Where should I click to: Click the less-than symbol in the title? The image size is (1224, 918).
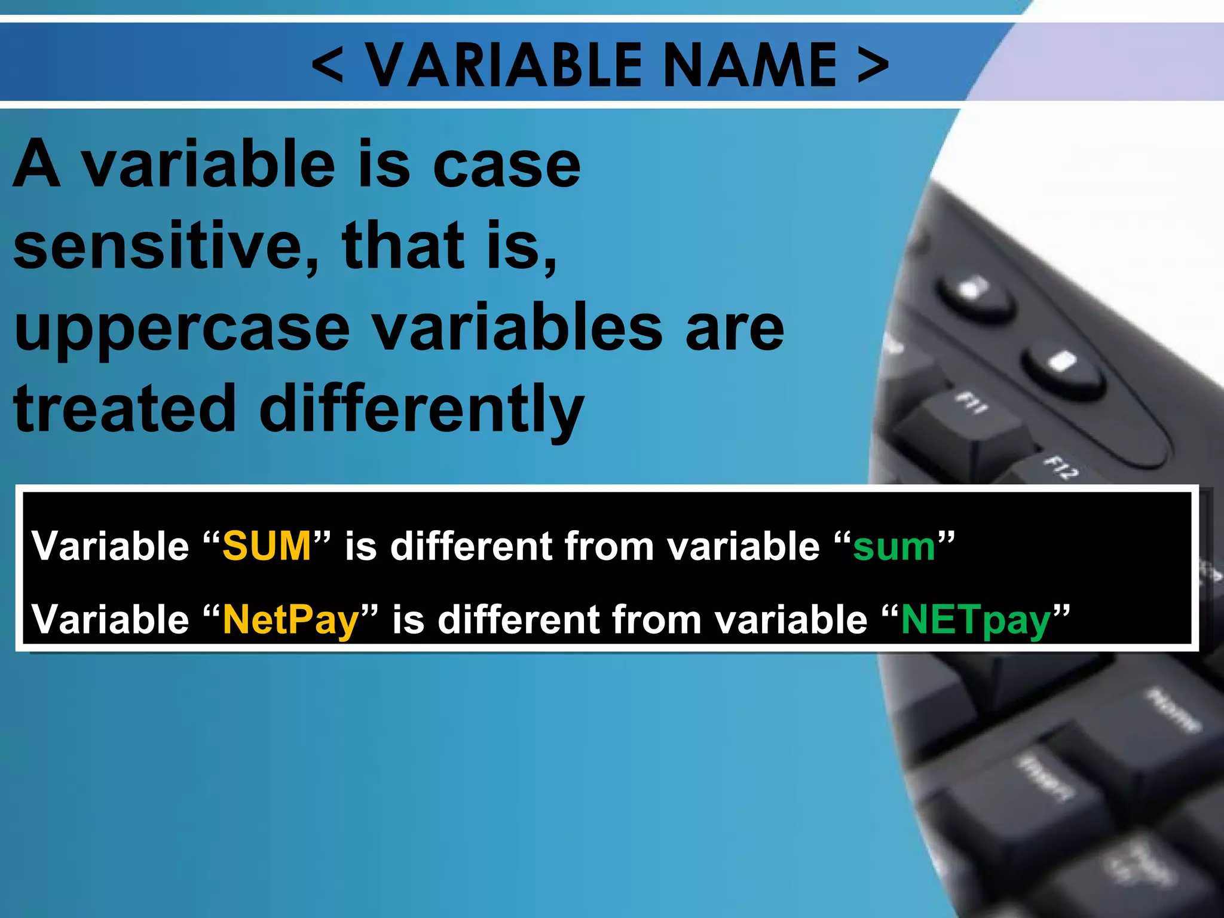click(328, 65)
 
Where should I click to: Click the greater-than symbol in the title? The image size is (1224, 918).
click(873, 65)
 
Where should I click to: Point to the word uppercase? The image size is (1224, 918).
click(182, 330)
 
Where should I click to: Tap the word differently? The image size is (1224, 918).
click(421, 411)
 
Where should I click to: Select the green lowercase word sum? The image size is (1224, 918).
click(893, 547)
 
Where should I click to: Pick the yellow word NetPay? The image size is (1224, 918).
click(291, 620)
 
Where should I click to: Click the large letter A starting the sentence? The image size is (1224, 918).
click(37, 164)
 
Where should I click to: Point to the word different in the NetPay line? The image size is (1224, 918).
click(518, 619)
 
